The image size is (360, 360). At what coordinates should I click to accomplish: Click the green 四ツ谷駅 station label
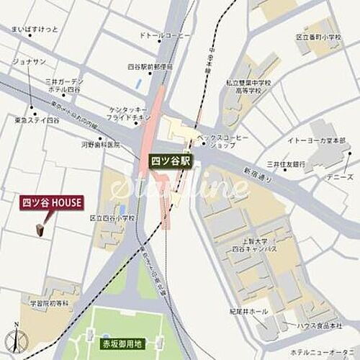pyautogui.click(x=171, y=161)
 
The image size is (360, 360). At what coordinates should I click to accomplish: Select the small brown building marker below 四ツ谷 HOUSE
pyautogui.click(x=40, y=228)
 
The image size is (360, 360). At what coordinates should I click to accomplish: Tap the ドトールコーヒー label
pyautogui.click(x=165, y=35)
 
